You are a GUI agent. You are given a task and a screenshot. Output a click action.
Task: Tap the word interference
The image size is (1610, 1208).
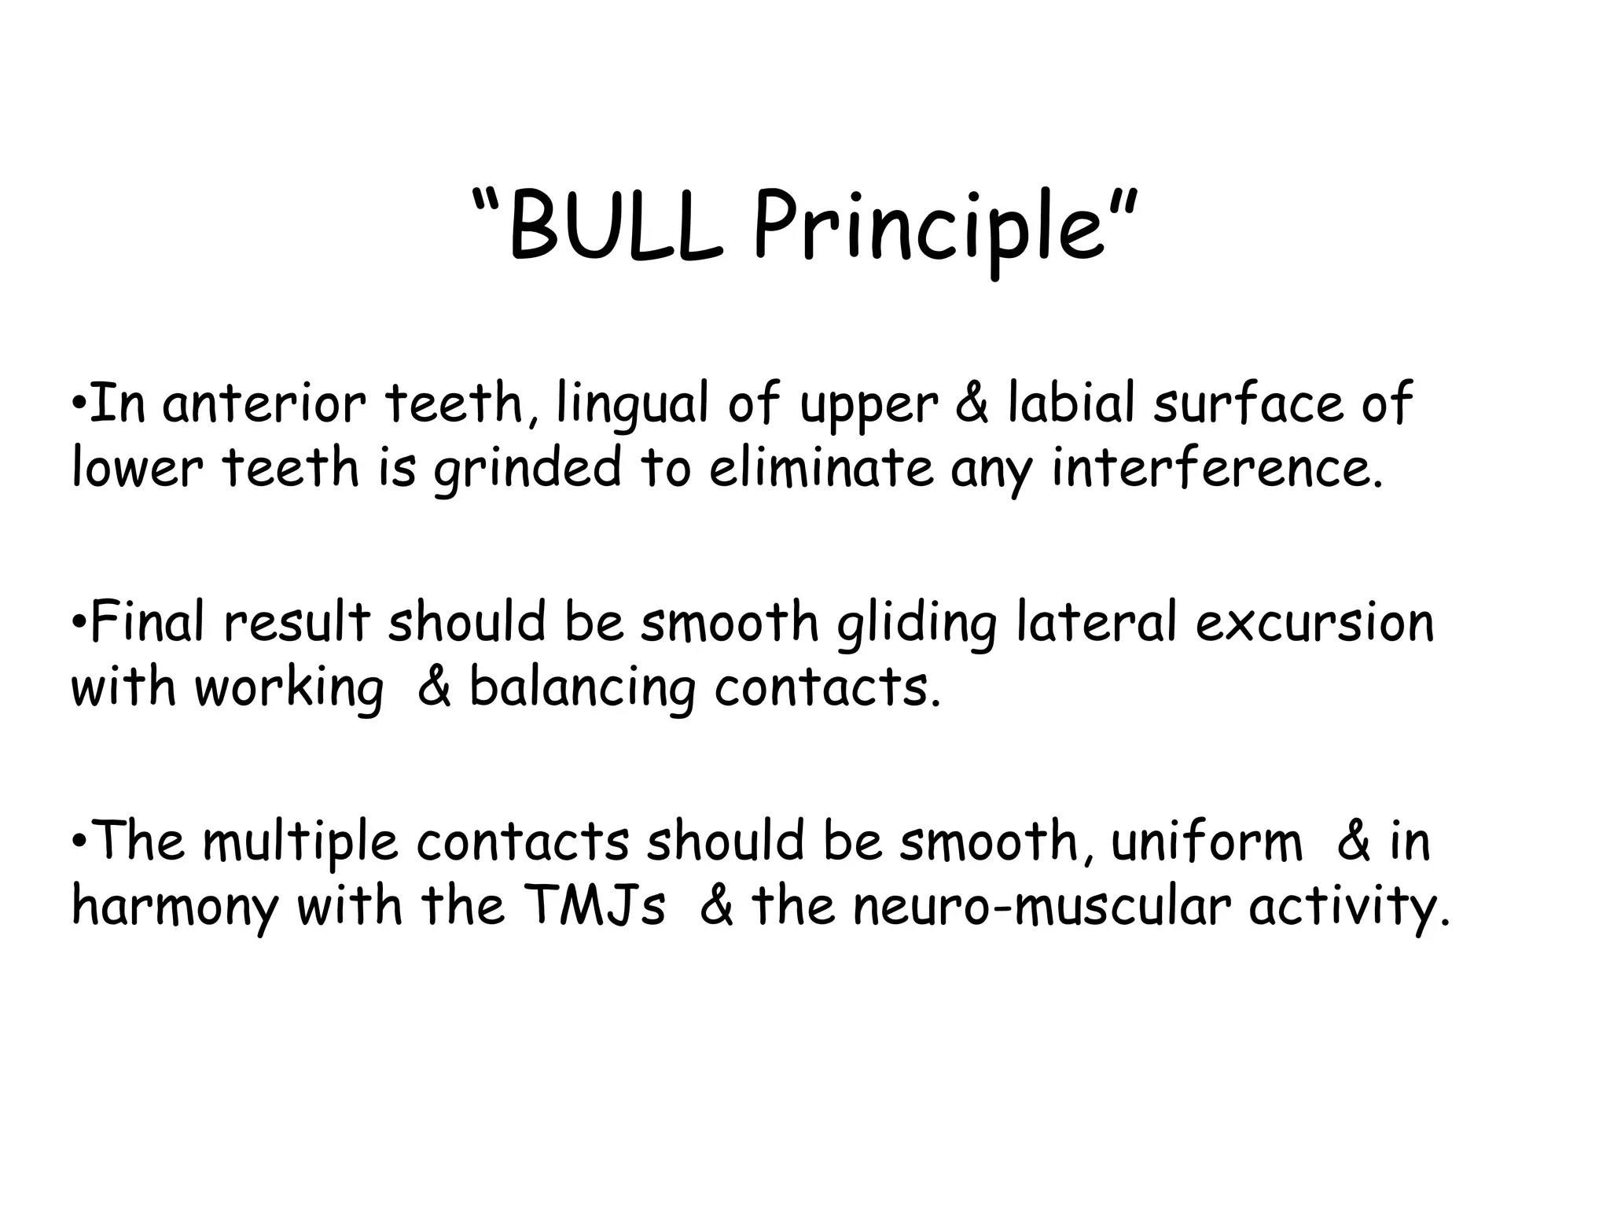pos(1216,467)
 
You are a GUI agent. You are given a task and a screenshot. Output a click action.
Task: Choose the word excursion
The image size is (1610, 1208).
pos(1314,622)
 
